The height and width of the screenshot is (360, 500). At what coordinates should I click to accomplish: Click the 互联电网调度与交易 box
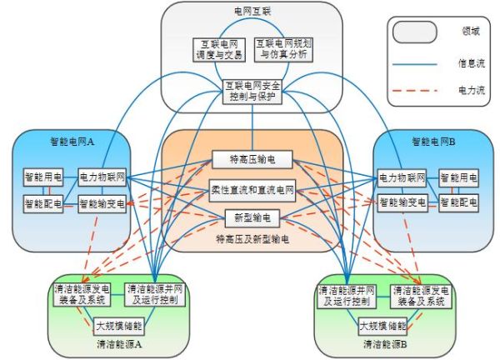pos(217,49)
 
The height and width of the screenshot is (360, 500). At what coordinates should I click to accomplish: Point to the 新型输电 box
pos(250,218)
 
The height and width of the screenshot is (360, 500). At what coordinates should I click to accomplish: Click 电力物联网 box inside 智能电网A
pos(101,177)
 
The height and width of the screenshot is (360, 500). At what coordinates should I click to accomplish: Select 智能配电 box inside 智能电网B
pos(459,202)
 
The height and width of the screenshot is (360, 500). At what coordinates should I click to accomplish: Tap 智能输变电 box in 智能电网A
pos(101,202)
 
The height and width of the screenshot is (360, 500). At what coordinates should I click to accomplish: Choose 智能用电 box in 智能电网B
pos(459,177)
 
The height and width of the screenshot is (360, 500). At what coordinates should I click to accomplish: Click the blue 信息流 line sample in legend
pos(415,60)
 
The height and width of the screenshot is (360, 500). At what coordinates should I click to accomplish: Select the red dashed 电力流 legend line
pos(415,88)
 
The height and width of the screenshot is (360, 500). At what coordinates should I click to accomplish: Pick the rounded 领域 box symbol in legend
pos(415,32)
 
